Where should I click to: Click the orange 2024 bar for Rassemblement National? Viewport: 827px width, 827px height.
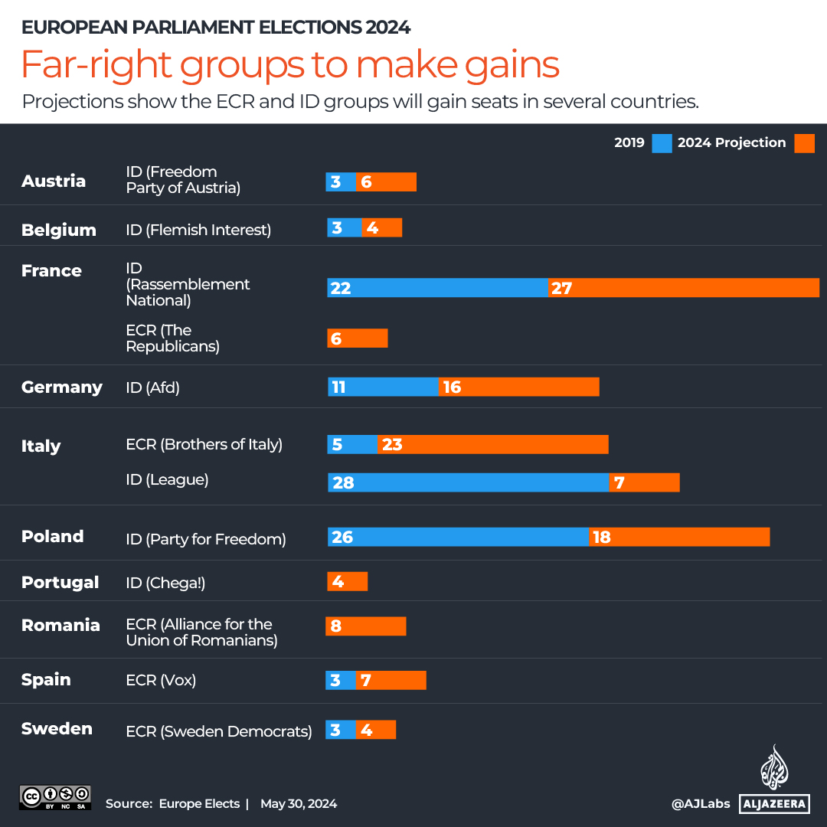point(683,288)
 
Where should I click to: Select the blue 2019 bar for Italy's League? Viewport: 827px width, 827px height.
point(468,482)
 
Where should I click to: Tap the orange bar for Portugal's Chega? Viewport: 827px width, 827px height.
point(348,582)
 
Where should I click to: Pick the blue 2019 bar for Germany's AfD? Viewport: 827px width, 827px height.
point(383,387)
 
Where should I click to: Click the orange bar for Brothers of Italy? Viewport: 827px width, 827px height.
point(493,444)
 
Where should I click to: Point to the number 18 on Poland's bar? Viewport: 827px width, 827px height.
point(602,537)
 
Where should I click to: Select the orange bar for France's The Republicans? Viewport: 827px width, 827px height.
point(358,338)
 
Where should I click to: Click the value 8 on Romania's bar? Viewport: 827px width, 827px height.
point(335,626)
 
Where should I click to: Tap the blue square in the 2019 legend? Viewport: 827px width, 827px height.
point(662,143)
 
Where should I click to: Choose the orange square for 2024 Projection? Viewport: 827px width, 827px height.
point(804,143)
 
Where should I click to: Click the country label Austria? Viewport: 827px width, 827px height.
point(54,181)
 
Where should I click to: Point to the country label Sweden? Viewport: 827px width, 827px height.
point(57,728)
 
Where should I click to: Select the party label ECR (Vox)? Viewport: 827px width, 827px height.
point(161,680)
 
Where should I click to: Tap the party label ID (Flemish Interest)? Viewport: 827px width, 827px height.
point(198,230)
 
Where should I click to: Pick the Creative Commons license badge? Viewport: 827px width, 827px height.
point(55,797)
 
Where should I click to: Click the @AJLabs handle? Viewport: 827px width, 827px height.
point(699,804)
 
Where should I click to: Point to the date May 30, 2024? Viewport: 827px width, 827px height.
point(299,804)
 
